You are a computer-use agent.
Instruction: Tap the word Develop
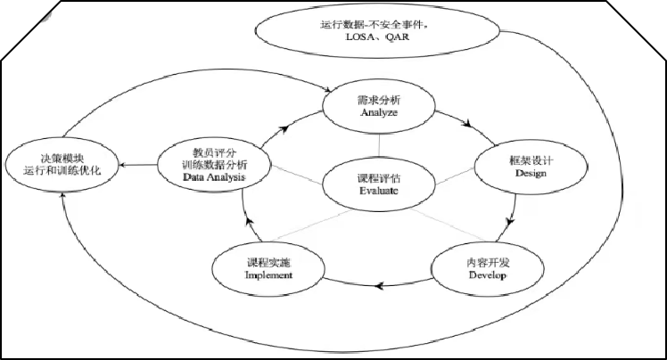point(487,276)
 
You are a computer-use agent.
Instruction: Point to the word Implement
point(269,275)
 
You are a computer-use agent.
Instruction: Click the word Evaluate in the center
point(379,191)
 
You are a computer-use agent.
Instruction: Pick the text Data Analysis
point(214,178)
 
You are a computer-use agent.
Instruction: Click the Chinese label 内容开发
point(487,262)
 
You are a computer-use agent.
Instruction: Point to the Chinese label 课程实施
point(269,262)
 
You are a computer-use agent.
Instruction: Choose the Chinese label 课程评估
point(379,177)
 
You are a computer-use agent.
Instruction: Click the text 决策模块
point(61,154)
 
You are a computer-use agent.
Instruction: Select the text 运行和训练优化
point(61,168)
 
